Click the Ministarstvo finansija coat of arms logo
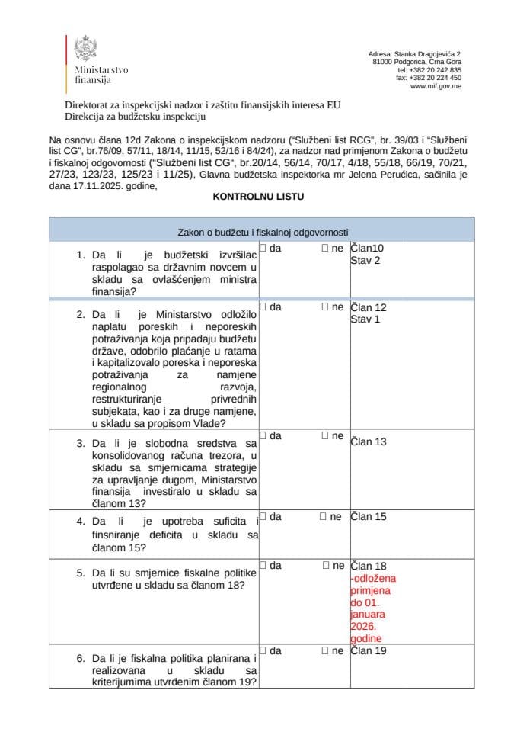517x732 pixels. coord(84,49)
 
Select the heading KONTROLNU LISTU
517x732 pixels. coord(258,196)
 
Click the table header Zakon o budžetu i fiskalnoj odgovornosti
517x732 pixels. coord(258,232)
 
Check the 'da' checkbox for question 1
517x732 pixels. coord(262,248)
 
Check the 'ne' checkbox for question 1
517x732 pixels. coord(325,248)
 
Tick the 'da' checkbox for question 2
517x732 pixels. coord(262,307)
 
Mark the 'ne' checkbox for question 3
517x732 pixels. coord(325,436)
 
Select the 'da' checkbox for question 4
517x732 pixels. coord(262,517)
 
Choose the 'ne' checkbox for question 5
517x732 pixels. coord(325,566)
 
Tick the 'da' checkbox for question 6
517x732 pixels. coord(262,651)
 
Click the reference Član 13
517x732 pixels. coord(369,441)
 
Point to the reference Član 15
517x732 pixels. coord(369,517)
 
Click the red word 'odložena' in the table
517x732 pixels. coord(373,578)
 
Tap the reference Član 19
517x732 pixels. coord(369,651)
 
